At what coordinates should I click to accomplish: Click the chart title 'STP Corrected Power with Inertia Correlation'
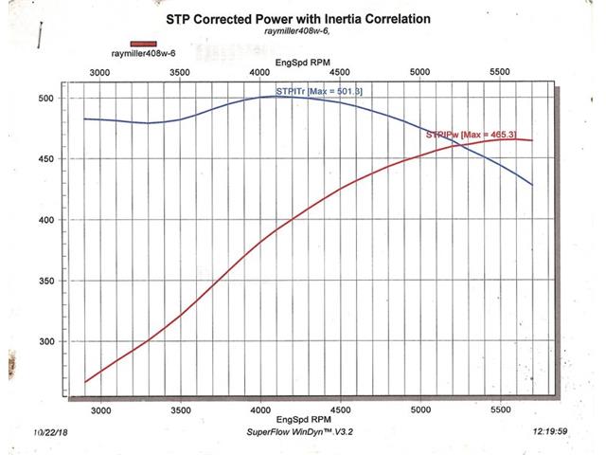coord(298,19)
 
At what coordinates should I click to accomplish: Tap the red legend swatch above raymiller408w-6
coord(143,44)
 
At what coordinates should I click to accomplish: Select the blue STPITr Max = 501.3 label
coord(319,92)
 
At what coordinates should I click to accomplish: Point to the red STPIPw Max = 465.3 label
coord(472,135)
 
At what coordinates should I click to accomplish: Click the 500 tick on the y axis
coord(45,99)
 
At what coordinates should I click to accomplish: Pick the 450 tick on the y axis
coord(45,159)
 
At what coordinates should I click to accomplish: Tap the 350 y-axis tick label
coord(46,281)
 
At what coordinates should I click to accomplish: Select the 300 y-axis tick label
coord(46,341)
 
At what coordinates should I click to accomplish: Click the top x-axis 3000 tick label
coord(99,73)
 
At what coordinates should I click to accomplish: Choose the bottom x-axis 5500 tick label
coord(501,409)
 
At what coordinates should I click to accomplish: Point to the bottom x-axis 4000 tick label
coord(260,409)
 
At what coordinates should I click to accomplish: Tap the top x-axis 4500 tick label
coord(340,72)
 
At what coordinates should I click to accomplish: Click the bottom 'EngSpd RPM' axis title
coord(303,419)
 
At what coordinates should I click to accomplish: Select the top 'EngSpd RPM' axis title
coord(303,63)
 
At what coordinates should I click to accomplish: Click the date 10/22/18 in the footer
coord(50,432)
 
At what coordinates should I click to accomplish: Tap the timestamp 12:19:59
coord(550,431)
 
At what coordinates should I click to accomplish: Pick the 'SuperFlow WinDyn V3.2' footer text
coord(300,432)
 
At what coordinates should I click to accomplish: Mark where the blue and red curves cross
coord(461,145)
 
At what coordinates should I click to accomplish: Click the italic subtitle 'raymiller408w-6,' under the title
coord(297,31)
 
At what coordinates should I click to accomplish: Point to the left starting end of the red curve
coord(85,382)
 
